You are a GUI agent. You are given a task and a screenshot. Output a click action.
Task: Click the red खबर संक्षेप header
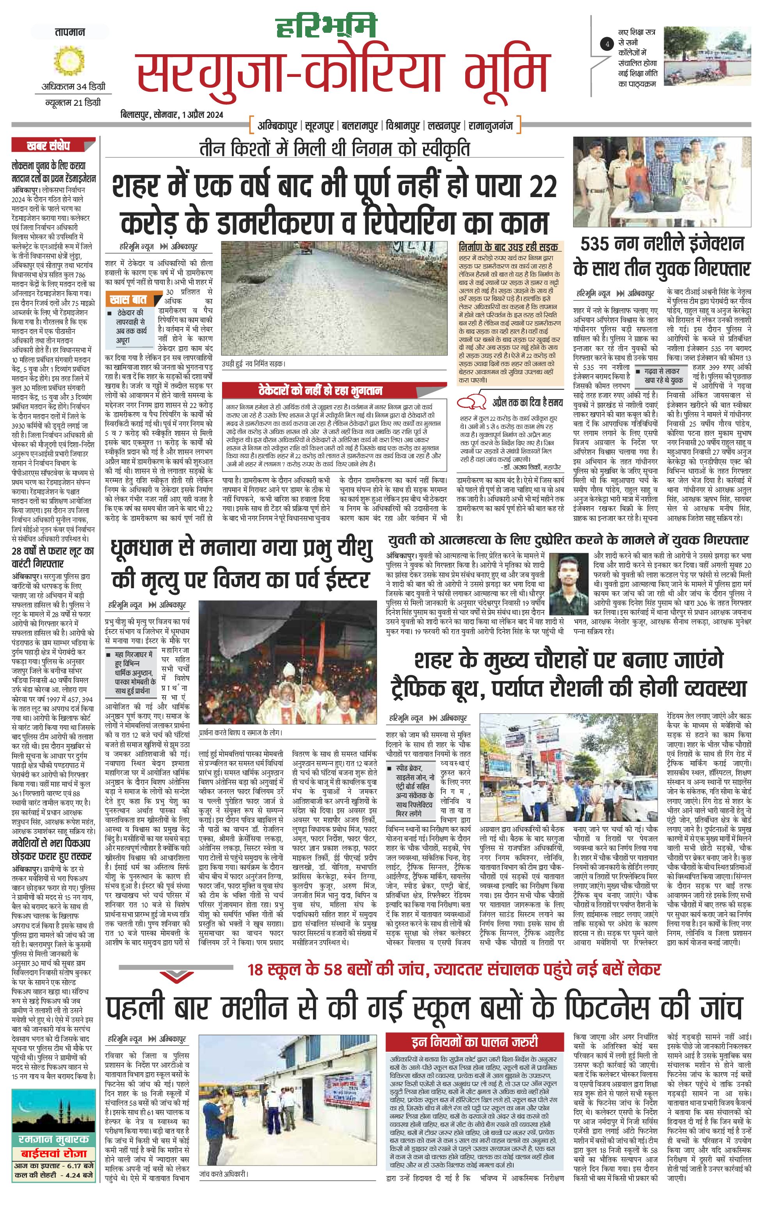point(48,146)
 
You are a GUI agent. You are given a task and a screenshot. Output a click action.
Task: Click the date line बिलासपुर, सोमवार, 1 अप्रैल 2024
point(172,115)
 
